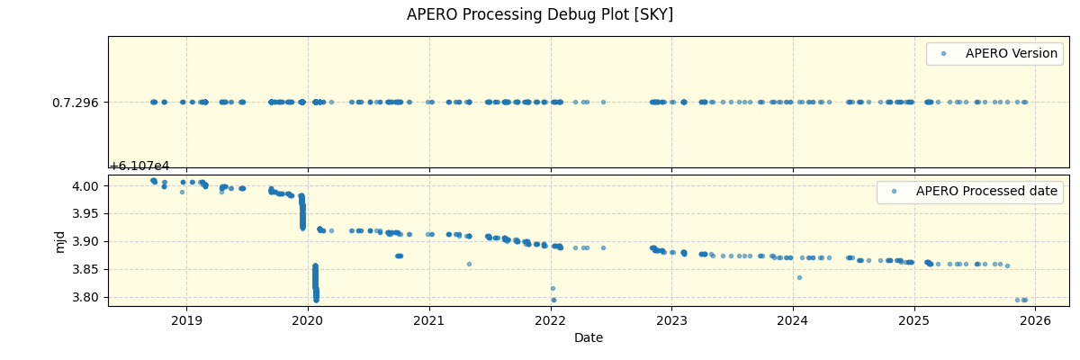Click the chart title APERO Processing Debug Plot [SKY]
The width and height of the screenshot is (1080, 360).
click(x=540, y=14)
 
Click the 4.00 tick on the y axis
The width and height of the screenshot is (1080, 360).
click(x=87, y=186)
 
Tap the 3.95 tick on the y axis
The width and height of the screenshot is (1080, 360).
click(x=87, y=214)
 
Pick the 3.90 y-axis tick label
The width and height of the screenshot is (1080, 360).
click(x=87, y=242)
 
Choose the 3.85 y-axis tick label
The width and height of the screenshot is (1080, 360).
click(x=87, y=270)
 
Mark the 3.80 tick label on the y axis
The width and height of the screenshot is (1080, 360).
click(x=87, y=298)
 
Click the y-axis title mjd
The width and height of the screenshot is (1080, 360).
click(x=60, y=241)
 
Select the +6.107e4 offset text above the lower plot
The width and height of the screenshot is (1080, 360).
click(x=139, y=166)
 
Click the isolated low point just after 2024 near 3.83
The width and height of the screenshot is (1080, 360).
click(x=799, y=277)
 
